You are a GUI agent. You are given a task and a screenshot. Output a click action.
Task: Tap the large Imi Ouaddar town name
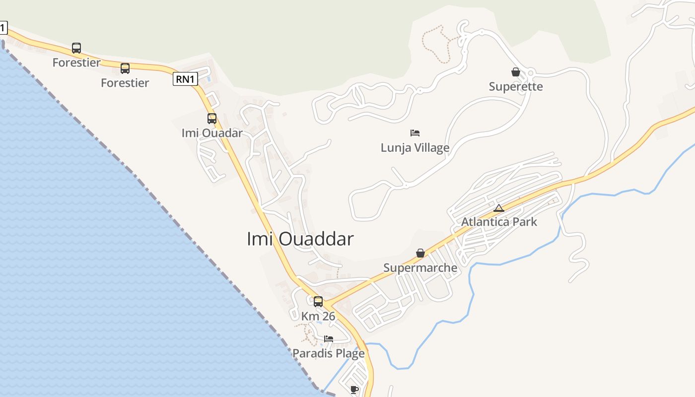[x=300, y=239]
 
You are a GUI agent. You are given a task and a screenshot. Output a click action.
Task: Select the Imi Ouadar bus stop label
[x=212, y=133]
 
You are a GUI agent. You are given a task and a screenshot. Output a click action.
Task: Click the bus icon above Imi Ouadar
[x=212, y=119]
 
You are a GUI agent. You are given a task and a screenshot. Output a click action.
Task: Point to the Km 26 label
[x=318, y=316]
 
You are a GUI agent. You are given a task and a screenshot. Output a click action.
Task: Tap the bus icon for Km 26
[x=318, y=301]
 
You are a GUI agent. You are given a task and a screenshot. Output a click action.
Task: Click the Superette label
[x=516, y=87]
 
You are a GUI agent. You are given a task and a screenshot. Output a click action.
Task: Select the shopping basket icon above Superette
[x=516, y=72]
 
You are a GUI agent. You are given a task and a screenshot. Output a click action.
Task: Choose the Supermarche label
[x=420, y=268]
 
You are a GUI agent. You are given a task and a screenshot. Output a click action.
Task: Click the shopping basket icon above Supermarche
[x=420, y=254]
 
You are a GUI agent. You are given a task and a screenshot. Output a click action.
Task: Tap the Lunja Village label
[x=415, y=148]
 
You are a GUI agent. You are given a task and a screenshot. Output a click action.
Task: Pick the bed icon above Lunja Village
[x=415, y=133]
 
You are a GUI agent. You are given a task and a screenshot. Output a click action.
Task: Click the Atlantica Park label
[x=499, y=222]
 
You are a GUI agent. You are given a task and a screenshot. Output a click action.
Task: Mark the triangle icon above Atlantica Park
[x=499, y=208]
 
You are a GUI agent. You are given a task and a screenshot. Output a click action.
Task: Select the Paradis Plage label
[x=328, y=353]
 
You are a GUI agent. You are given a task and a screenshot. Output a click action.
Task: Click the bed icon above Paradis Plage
[x=329, y=339]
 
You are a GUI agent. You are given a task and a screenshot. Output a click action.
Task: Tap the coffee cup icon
[x=354, y=390]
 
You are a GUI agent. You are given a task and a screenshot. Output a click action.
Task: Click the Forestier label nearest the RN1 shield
[x=125, y=83]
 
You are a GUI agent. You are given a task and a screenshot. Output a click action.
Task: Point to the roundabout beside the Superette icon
[x=531, y=74]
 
